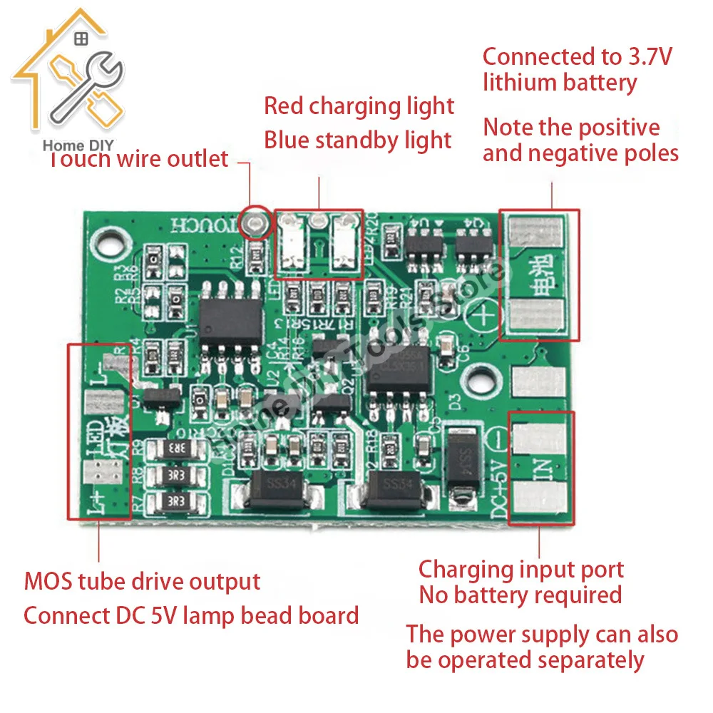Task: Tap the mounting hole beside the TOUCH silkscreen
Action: (x=111, y=245)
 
